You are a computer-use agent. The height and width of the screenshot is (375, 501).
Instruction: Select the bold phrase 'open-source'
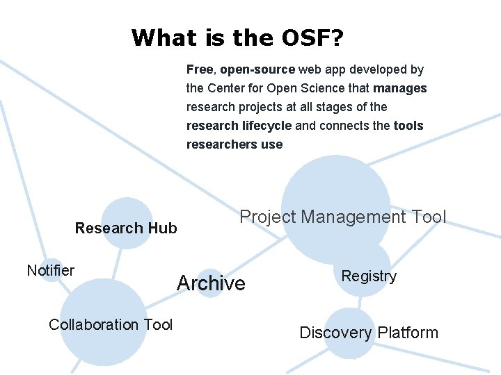click(x=257, y=69)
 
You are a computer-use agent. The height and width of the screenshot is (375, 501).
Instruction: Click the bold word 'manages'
click(x=400, y=88)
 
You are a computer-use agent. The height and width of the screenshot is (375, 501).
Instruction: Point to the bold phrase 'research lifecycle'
click(x=239, y=126)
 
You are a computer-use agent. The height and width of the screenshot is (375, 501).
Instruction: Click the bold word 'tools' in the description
click(x=408, y=126)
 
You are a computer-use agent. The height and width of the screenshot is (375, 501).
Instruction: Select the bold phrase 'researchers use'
click(x=234, y=144)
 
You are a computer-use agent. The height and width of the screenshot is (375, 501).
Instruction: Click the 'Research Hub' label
click(x=126, y=228)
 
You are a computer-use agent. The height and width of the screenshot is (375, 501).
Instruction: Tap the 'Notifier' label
click(x=50, y=270)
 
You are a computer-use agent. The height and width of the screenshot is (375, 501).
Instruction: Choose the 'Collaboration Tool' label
click(x=111, y=324)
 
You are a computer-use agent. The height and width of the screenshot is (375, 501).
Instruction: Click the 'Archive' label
click(x=211, y=283)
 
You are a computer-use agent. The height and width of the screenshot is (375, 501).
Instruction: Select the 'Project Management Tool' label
click(x=342, y=217)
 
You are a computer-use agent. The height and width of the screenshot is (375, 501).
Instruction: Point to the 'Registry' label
click(x=369, y=276)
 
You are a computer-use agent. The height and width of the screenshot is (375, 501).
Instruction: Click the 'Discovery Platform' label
click(x=369, y=333)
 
